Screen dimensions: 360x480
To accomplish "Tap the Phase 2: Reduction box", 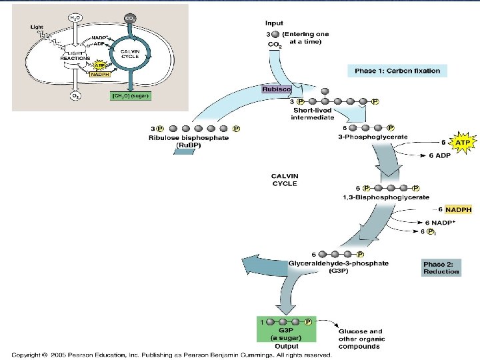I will pos(441,268).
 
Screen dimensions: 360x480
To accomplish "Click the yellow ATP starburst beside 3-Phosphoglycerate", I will pos(462,142).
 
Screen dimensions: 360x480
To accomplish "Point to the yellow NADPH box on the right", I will pos(458,210).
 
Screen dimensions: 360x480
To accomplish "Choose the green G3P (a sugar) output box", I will pos(287,331).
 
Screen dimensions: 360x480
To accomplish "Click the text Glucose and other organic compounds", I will pos(360,339).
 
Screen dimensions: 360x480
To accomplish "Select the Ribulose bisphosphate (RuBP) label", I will pos(187,141).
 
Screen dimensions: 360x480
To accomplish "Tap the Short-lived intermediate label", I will pos(311,114).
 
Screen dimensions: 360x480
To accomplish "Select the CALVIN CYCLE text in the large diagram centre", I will pos(284,180).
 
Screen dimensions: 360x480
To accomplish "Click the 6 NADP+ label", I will pos(441,223).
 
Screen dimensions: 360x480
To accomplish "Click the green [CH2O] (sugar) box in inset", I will pos(131,95).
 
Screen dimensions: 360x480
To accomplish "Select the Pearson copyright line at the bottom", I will pos(171,355).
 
